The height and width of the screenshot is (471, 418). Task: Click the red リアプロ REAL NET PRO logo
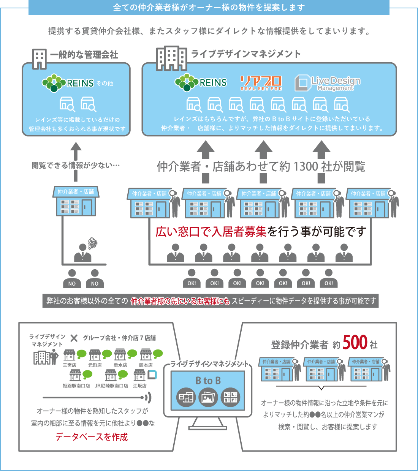click(x=261, y=83)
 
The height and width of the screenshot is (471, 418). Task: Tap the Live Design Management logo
click(x=328, y=83)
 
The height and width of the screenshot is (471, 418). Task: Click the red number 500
click(x=355, y=343)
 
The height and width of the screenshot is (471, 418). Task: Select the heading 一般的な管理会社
click(x=84, y=55)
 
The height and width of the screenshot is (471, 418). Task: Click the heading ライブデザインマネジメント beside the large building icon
click(x=246, y=54)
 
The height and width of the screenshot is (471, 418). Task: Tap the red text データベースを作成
click(x=92, y=437)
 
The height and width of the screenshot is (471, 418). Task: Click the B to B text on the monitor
click(x=208, y=381)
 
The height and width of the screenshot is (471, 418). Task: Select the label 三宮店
click(x=70, y=365)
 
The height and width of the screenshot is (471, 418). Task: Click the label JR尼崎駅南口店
click(x=111, y=386)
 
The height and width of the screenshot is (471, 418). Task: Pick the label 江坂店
click(x=139, y=386)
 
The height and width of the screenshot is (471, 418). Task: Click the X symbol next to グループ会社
click(x=74, y=338)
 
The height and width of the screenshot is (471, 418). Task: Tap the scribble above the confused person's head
click(x=93, y=243)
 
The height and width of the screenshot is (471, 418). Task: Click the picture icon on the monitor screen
click(x=208, y=397)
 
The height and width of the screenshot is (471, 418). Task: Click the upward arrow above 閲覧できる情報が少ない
click(x=76, y=150)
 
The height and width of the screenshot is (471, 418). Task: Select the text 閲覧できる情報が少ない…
click(x=76, y=165)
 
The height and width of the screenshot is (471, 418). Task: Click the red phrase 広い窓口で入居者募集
click(x=211, y=231)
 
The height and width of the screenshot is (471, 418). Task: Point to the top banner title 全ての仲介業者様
click(x=209, y=8)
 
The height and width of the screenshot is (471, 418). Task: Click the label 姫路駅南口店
click(x=76, y=386)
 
